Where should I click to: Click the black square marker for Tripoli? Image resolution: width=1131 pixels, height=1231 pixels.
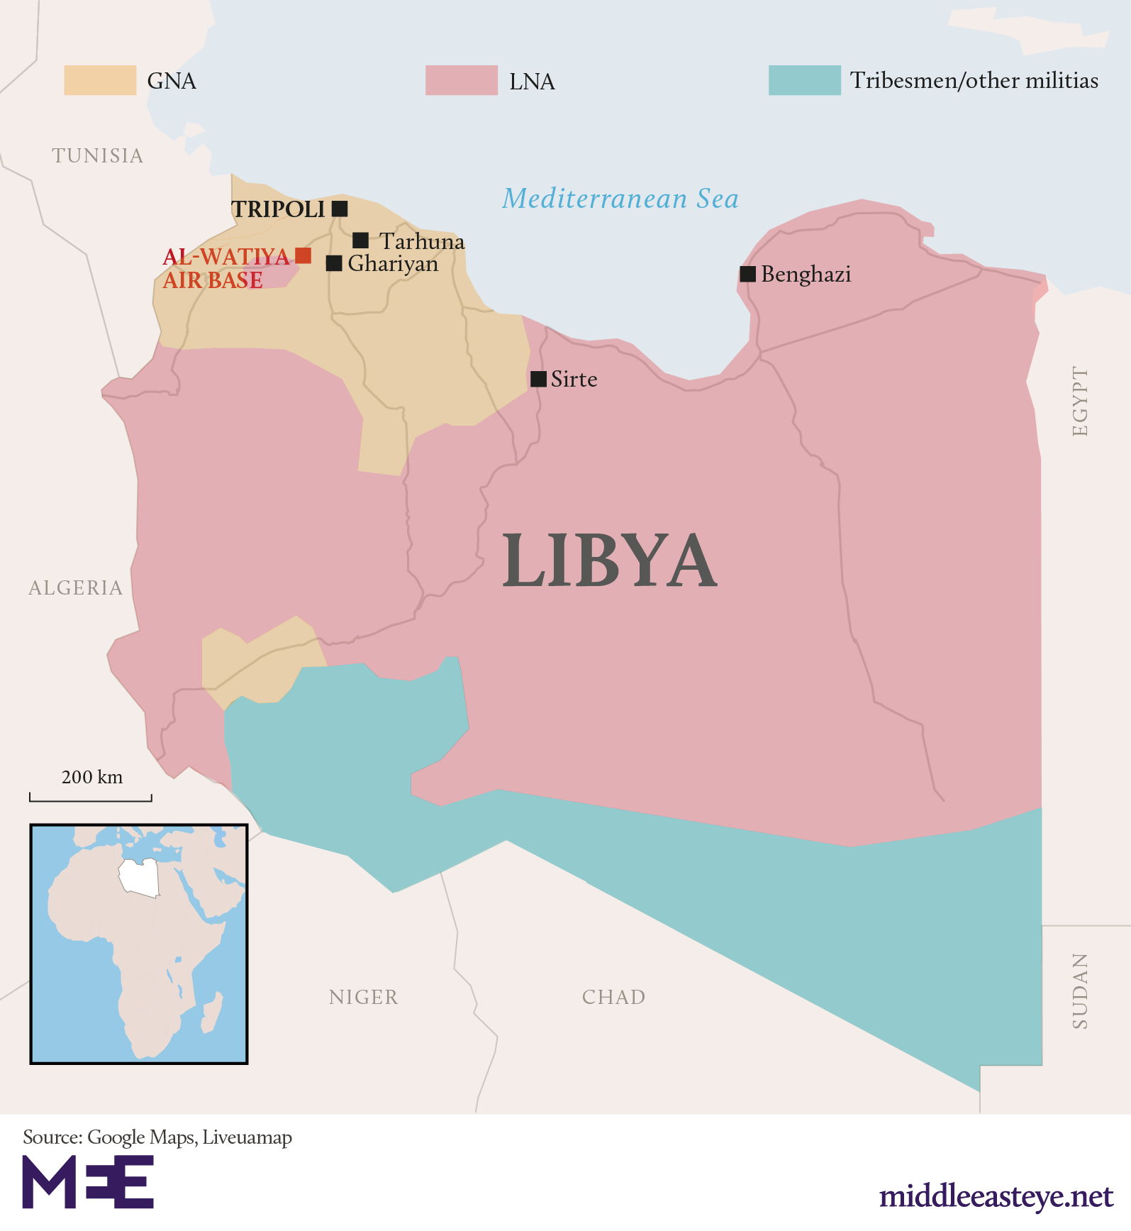click(340, 209)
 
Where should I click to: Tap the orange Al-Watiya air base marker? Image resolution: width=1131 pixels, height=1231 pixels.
click(303, 255)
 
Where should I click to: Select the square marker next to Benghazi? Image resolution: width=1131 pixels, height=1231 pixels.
click(747, 274)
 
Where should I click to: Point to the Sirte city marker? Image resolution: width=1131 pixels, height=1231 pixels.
click(538, 379)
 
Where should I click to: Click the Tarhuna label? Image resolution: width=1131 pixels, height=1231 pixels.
click(422, 241)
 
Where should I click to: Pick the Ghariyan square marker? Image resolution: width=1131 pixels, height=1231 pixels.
click(334, 263)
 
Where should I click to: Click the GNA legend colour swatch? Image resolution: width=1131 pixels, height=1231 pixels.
click(100, 80)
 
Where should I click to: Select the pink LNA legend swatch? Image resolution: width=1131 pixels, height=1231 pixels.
click(462, 80)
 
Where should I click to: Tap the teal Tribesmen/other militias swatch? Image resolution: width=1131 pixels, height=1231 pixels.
click(805, 80)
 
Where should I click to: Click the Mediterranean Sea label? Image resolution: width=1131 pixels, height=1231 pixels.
click(620, 199)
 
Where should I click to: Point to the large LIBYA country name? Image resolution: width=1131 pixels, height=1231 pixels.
click(610, 561)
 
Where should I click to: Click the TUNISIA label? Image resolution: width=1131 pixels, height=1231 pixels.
click(98, 155)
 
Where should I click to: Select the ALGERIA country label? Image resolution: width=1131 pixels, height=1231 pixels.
click(76, 587)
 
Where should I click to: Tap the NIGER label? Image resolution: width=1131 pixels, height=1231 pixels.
click(364, 997)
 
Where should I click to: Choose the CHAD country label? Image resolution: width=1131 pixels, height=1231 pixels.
click(614, 997)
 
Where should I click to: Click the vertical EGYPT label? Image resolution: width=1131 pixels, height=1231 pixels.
click(1079, 402)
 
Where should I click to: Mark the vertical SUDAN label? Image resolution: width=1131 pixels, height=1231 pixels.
click(1079, 991)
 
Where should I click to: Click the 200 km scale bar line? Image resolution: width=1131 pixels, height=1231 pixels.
click(91, 800)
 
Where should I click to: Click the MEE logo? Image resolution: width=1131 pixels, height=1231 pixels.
click(88, 1181)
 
